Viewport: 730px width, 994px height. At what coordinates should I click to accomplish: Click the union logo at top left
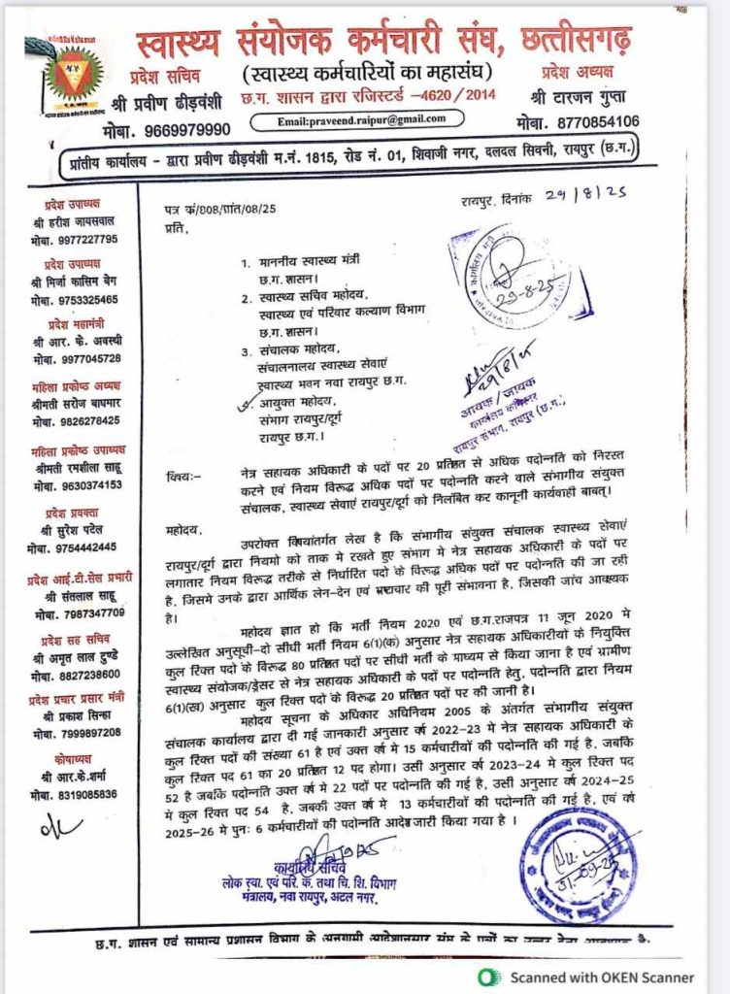[74, 80]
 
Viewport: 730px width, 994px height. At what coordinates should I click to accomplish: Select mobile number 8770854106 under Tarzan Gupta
[584, 122]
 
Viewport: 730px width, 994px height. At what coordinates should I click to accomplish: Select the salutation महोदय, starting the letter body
[182, 531]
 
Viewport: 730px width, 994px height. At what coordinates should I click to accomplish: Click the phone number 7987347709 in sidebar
[81, 613]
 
